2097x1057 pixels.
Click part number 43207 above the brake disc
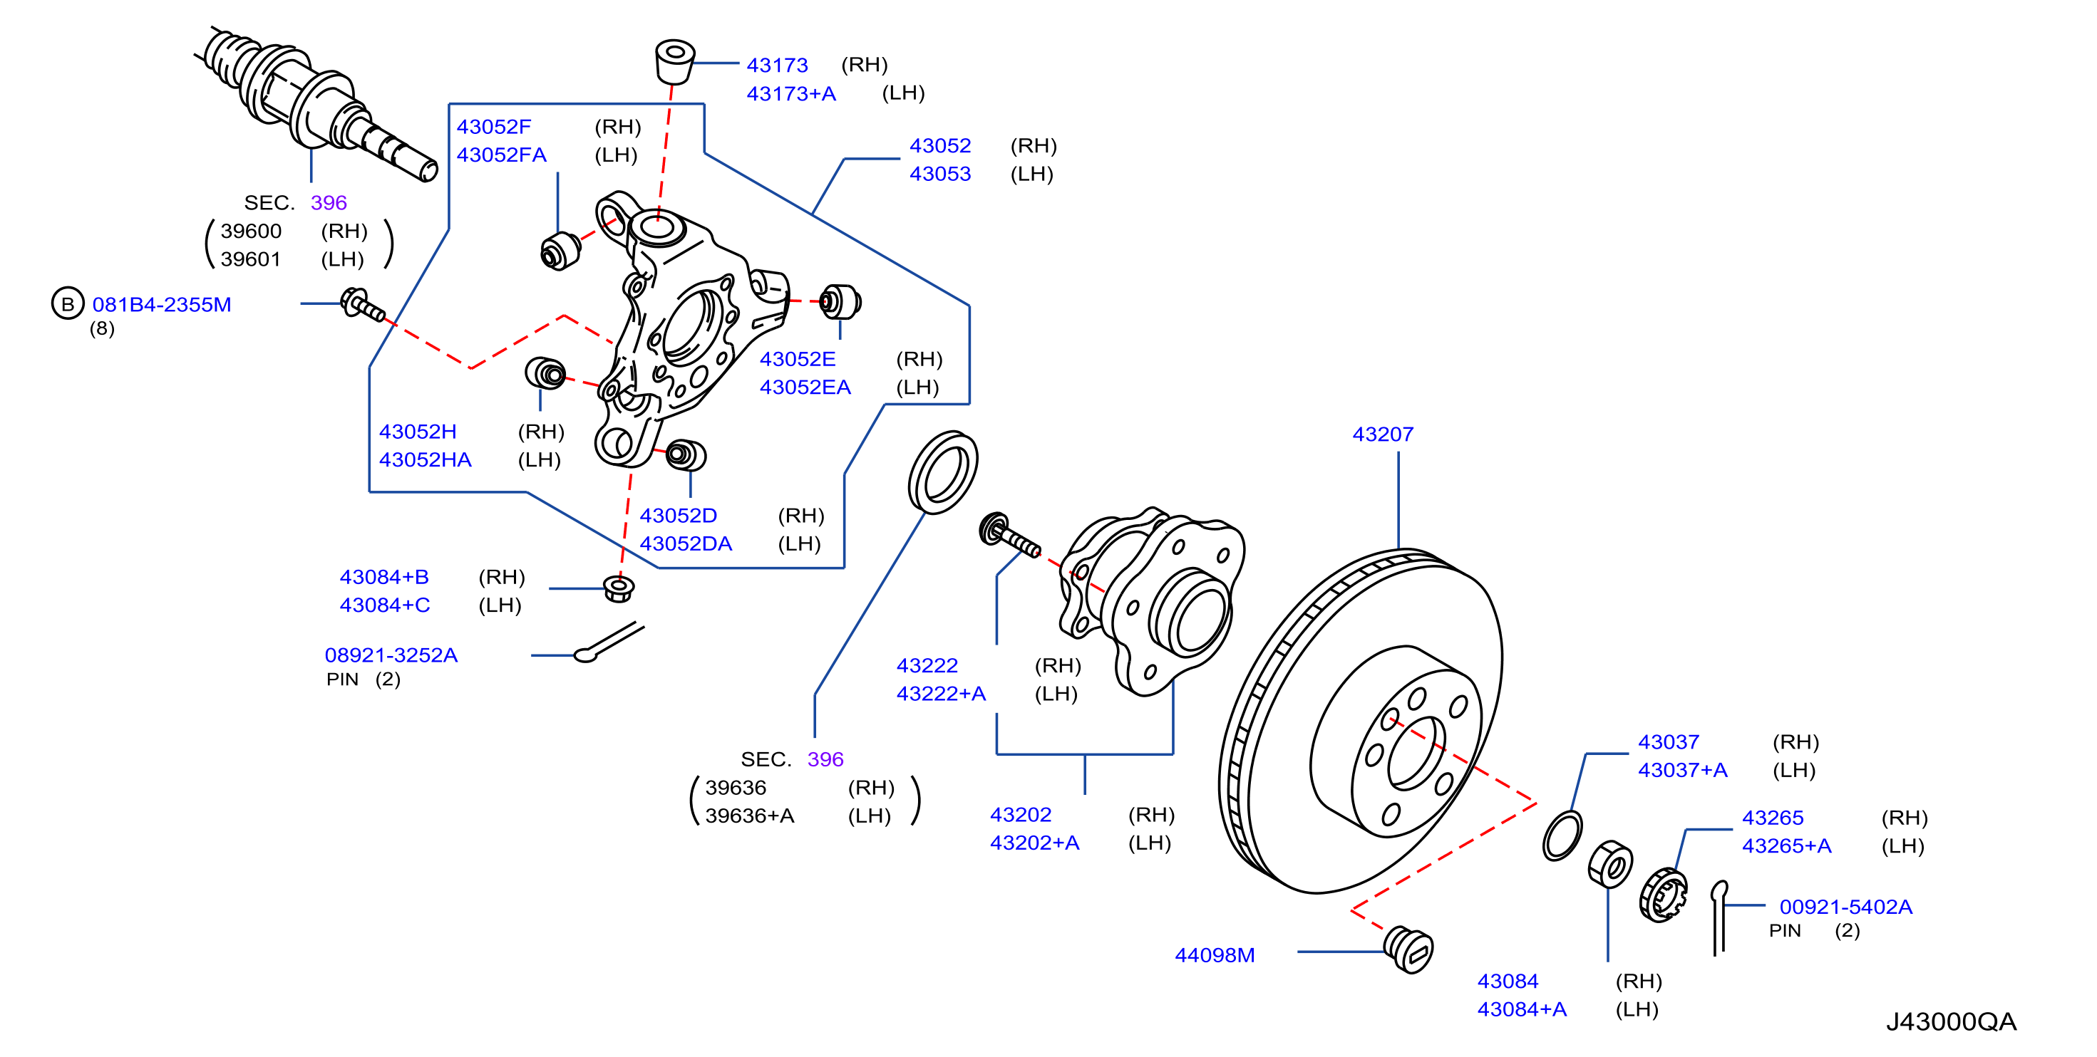click(1382, 434)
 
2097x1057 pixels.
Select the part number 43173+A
click(791, 93)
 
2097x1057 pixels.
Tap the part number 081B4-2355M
click(162, 304)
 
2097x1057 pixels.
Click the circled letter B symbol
click(68, 303)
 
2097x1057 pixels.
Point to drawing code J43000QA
click(1952, 1021)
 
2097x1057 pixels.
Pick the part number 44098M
click(1215, 955)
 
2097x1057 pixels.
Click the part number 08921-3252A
click(391, 655)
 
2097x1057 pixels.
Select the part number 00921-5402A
click(1845, 907)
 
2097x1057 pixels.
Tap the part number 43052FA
click(502, 155)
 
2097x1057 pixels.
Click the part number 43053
click(940, 173)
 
